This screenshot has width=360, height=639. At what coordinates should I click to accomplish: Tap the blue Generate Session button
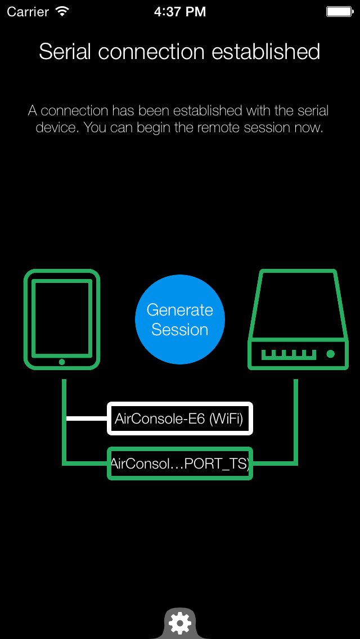click(180, 319)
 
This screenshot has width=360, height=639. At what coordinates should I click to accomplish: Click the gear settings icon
click(180, 623)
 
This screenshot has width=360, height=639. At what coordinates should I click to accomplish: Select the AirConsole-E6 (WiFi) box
click(180, 418)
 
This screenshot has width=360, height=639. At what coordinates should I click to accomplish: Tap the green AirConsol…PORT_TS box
click(180, 463)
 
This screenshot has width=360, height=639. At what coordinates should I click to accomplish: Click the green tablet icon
click(62, 319)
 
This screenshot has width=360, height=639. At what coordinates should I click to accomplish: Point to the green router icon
click(297, 319)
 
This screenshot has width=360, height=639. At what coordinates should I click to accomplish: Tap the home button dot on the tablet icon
click(62, 362)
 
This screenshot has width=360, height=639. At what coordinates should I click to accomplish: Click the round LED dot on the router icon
click(331, 354)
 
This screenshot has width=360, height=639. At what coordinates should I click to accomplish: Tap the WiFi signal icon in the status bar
click(62, 11)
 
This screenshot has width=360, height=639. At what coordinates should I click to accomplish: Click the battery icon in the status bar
click(340, 11)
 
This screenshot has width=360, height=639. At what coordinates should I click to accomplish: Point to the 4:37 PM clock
click(180, 11)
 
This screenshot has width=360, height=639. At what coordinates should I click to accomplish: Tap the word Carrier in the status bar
click(28, 11)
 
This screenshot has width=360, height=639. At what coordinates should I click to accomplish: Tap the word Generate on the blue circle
click(180, 310)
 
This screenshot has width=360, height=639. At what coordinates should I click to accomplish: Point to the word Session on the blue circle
click(180, 330)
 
